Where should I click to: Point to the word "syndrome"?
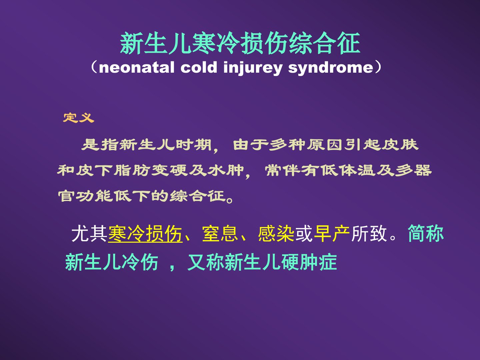tap(331, 68)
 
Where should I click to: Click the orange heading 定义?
tap(79, 118)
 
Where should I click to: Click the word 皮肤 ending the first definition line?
tap(400, 145)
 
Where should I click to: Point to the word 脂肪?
tap(132, 170)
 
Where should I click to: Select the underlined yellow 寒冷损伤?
tap(145, 234)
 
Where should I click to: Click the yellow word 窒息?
tap(220, 234)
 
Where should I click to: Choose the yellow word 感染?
tap(276, 234)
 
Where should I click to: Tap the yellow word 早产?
tap(332, 234)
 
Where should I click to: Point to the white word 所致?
tap(369, 234)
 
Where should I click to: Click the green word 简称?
tap(426, 233)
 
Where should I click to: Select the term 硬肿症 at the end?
tap(309, 262)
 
